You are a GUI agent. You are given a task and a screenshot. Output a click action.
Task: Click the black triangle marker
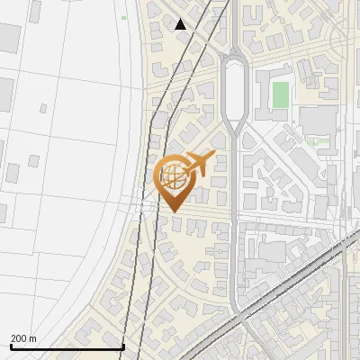pyautogui.click(x=181, y=24)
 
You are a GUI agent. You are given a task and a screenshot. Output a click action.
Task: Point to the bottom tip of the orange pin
pyautogui.click(x=173, y=211)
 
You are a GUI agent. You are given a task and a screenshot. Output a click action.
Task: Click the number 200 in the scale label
pyautogui.click(x=19, y=338)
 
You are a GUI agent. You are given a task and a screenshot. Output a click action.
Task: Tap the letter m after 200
pyautogui.click(x=32, y=338)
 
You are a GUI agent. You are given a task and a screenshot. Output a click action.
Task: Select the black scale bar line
pyautogui.click(x=67, y=346)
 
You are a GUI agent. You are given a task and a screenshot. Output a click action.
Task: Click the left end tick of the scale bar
pyautogui.click(x=11, y=345)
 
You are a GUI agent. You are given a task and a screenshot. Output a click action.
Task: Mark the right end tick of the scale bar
pyautogui.click(x=122, y=345)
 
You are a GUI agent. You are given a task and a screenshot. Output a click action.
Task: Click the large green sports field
pyautogui.click(x=281, y=93)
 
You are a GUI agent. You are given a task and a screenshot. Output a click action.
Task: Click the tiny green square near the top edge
pyautogui.click(x=123, y=18)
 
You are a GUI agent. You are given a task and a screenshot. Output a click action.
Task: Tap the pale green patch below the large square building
pyautogui.click(x=314, y=141)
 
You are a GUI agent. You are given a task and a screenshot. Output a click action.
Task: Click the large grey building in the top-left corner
pyautogui.click(x=8, y=38)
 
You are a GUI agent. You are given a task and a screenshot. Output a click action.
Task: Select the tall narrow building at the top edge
pyautogui.click(x=37, y=11)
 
